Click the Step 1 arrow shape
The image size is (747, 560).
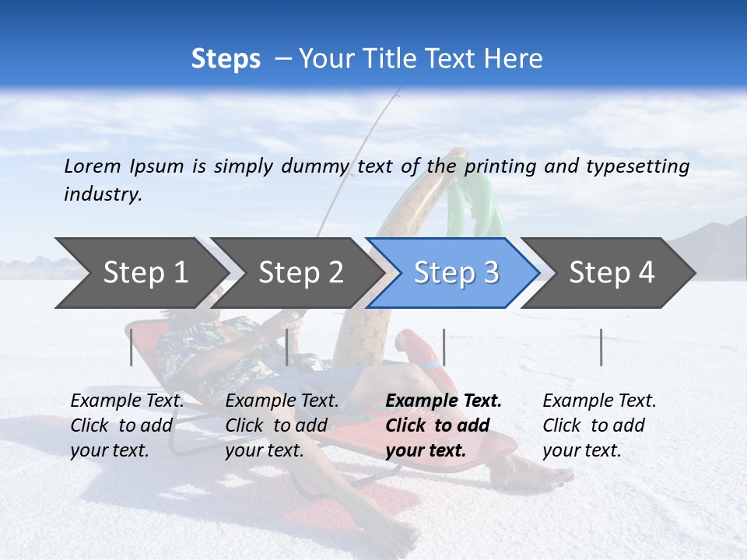click(140, 273)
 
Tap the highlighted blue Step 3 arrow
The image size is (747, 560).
click(455, 273)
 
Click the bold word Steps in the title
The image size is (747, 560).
click(226, 59)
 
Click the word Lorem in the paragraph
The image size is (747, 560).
click(92, 166)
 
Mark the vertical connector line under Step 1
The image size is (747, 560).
click(132, 347)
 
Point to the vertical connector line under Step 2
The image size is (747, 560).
click(287, 347)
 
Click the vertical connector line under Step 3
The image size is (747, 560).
click(444, 347)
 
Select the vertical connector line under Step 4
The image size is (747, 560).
click(601, 347)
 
